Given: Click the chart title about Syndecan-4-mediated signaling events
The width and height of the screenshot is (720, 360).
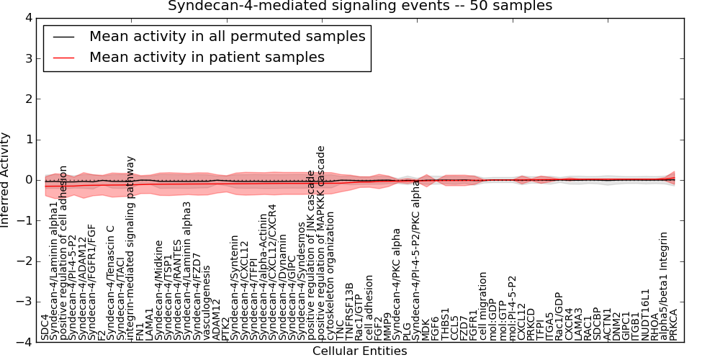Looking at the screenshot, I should coord(360,6).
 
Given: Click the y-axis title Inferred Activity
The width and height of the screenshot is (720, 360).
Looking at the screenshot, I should coord(6,180).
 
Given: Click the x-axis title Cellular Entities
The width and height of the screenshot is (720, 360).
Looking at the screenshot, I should coord(359,351).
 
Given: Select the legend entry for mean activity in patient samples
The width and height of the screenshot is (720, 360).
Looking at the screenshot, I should coord(207,57).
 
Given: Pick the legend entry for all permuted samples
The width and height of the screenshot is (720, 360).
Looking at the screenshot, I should coord(227,36).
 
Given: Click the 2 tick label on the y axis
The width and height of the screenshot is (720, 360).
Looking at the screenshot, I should coord(28,99).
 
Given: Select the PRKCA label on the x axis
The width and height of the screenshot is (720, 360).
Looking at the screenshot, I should coord(673,325).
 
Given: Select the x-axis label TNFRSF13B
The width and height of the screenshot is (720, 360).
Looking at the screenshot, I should coord(350,311).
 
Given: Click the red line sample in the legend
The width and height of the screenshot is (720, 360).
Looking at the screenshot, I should coord(64,57).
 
